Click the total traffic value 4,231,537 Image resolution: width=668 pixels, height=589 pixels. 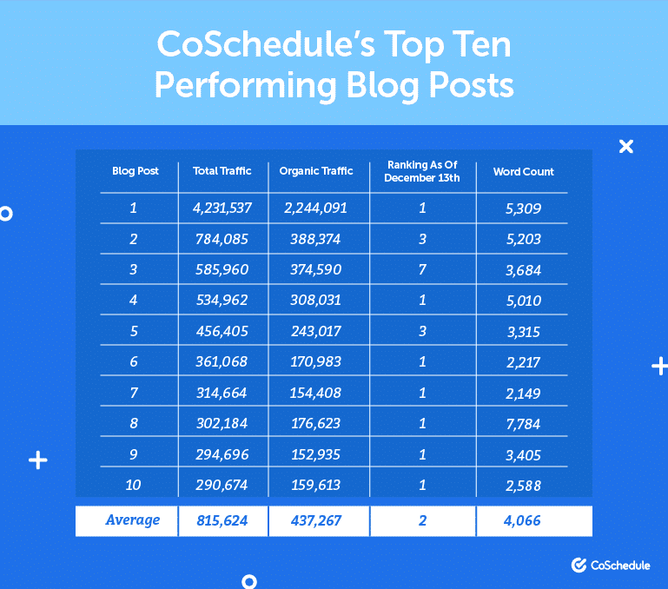[x=222, y=208]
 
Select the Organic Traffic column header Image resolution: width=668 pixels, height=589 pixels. [x=316, y=171]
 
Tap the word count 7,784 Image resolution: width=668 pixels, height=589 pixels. [x=524, y=425]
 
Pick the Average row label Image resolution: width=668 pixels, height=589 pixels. [x=133, y=520]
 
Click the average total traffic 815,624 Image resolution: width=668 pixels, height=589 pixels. [x=222, y=521]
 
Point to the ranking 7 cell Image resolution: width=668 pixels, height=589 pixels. [x=422, y=269]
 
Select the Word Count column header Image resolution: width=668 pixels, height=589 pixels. [x=524, y=171]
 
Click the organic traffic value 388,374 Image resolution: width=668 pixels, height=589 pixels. [x=316, y=239]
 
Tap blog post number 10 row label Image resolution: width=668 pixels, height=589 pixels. [x=133, y=485]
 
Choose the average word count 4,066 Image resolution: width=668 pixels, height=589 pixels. [x=524, y=521]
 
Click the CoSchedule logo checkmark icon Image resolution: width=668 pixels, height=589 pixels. [x=579, y=566]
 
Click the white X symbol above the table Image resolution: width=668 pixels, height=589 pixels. [x=625, y=146]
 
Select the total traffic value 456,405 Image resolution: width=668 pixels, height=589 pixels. [x=222, y=331]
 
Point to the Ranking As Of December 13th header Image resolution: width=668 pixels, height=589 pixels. [x=422, y=171]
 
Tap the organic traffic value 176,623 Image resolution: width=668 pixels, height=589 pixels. [x=316, y=425]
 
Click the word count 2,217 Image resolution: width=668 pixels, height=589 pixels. [x=524, y=362]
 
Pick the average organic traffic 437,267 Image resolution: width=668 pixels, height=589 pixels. [x=316, y=521]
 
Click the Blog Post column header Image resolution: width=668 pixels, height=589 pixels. [x=136, y=171]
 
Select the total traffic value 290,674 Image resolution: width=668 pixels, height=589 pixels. [x=222, y=485]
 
